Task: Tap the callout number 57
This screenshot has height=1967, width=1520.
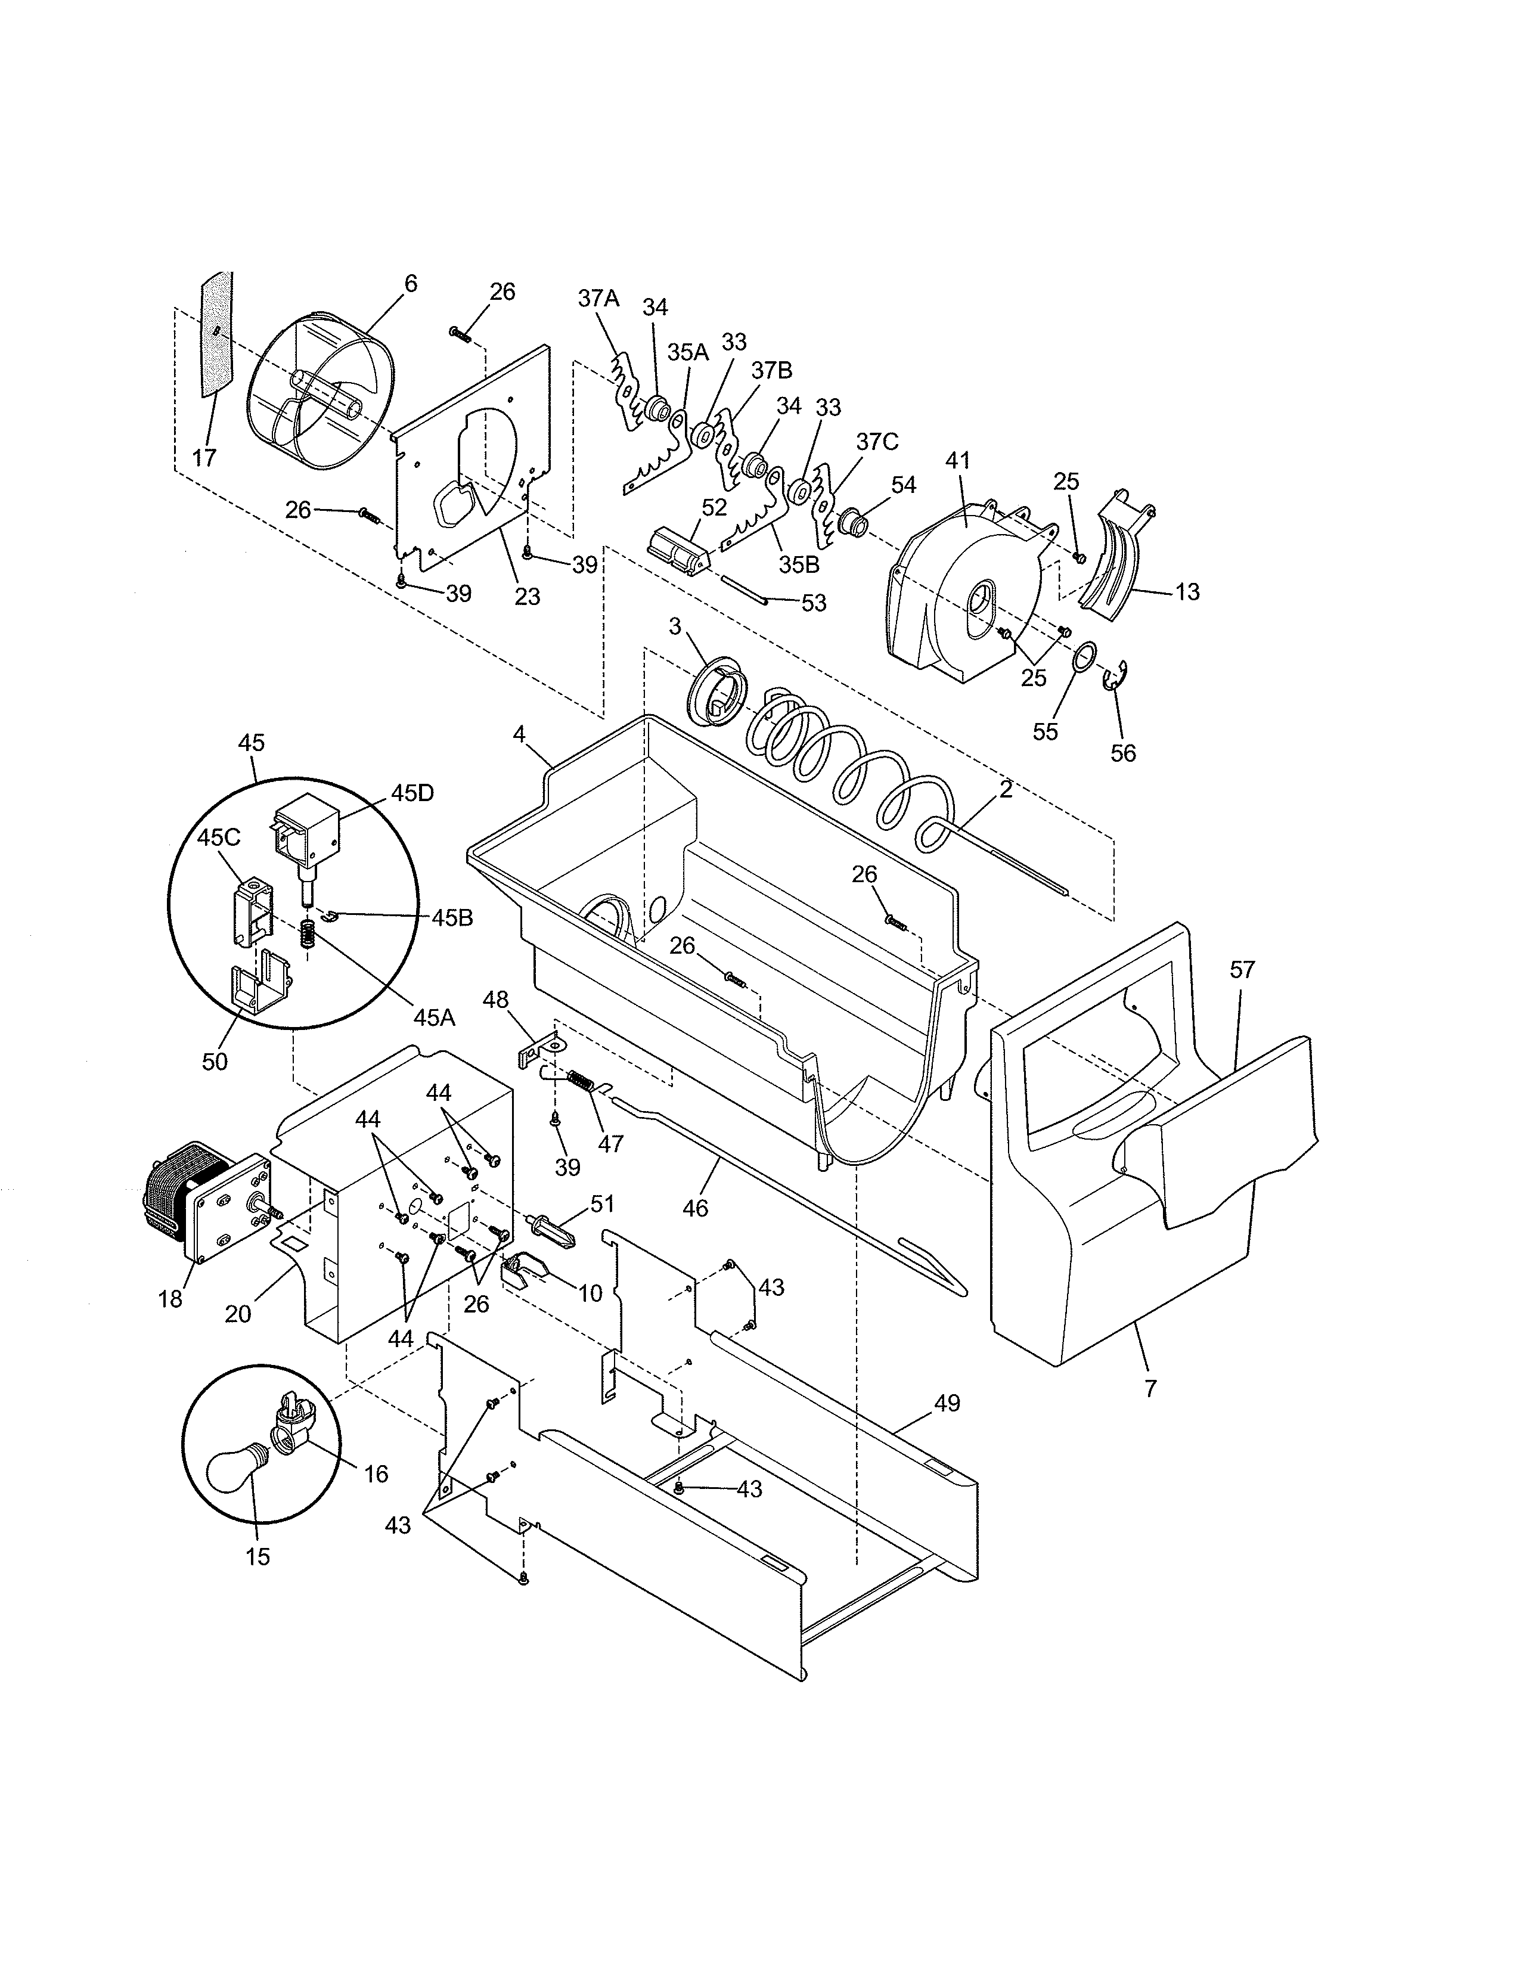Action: point(1243,970)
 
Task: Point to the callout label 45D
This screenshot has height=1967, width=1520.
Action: point(412,793)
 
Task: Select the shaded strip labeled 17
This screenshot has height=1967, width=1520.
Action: point(216,335)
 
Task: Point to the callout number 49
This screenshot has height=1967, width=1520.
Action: point(947,1403)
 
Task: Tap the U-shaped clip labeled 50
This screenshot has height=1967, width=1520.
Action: point(259,987)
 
